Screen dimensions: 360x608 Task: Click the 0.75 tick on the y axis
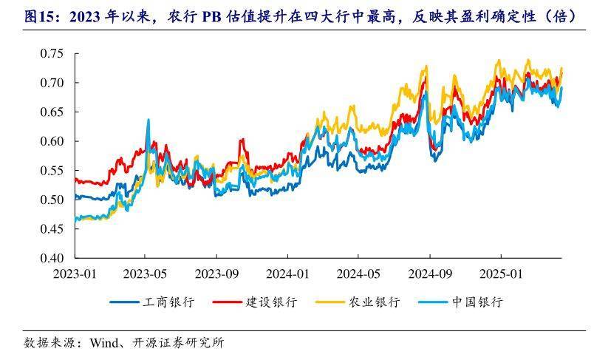pyautogui.click(x=51, y=53)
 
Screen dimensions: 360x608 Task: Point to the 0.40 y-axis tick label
pyautogui.click(x=51, y=258)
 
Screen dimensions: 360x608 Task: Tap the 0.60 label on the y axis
pyautogui.click(x=51, y=141)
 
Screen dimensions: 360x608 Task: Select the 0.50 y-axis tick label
pyautogui.click(x=51, y=200)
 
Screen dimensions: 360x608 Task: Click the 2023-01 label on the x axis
pyautogui.click(x=75, y=273)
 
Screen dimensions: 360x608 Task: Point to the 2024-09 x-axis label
pyautogui.click(x=429, y=273)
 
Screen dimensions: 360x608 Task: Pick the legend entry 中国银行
pyautogui.click(x=478, y=302)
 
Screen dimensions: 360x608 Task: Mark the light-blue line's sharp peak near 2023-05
pyautogui.click(x=148, y=120)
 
